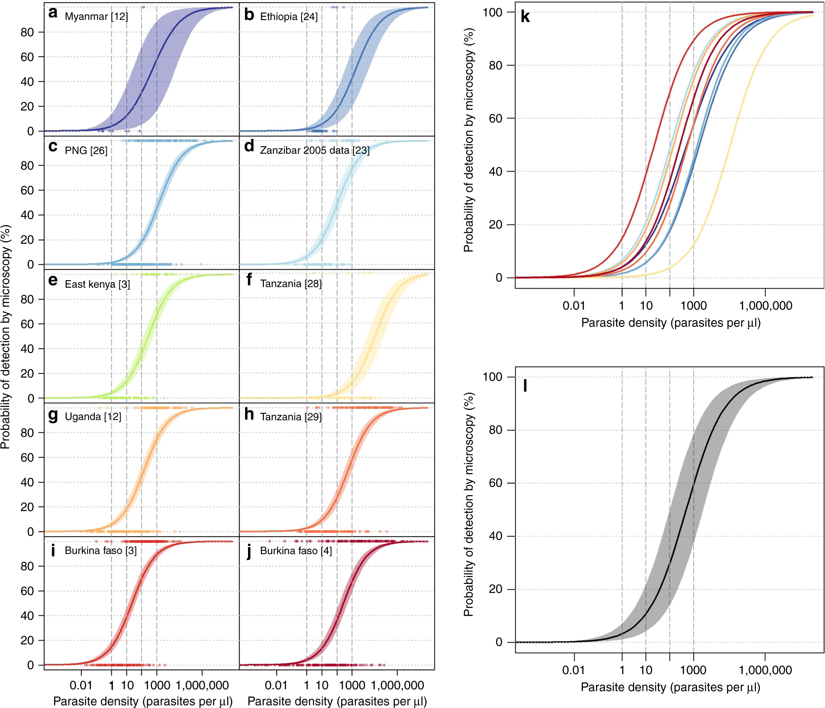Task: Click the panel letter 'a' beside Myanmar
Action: (x=53, y=13)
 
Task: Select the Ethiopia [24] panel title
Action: (x=289, y=17)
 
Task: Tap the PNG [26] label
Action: (x=86, y=150)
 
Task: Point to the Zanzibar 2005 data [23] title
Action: (x=314, y=150)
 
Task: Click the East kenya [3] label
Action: (x=97, y=284)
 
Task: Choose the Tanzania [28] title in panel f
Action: (x=291, y=284)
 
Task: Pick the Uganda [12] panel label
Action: (x=93, y=417)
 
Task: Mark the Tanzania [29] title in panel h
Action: (x=291, y=417)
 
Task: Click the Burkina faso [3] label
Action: (x=101, y=551)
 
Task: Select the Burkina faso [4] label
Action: (x=296, y=551)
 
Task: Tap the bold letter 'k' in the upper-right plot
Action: (x=525, y=17)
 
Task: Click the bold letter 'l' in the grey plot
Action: (x=525, y=386)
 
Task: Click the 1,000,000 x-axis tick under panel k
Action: (x=766, y=306)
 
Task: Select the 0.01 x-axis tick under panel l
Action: (x=574, y=670)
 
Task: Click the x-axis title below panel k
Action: (x=670, y=323)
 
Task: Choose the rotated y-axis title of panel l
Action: (x=469, y=504)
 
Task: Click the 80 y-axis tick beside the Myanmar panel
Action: (x=27, y=32)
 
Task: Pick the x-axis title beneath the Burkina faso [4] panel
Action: (x=337, y=701)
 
